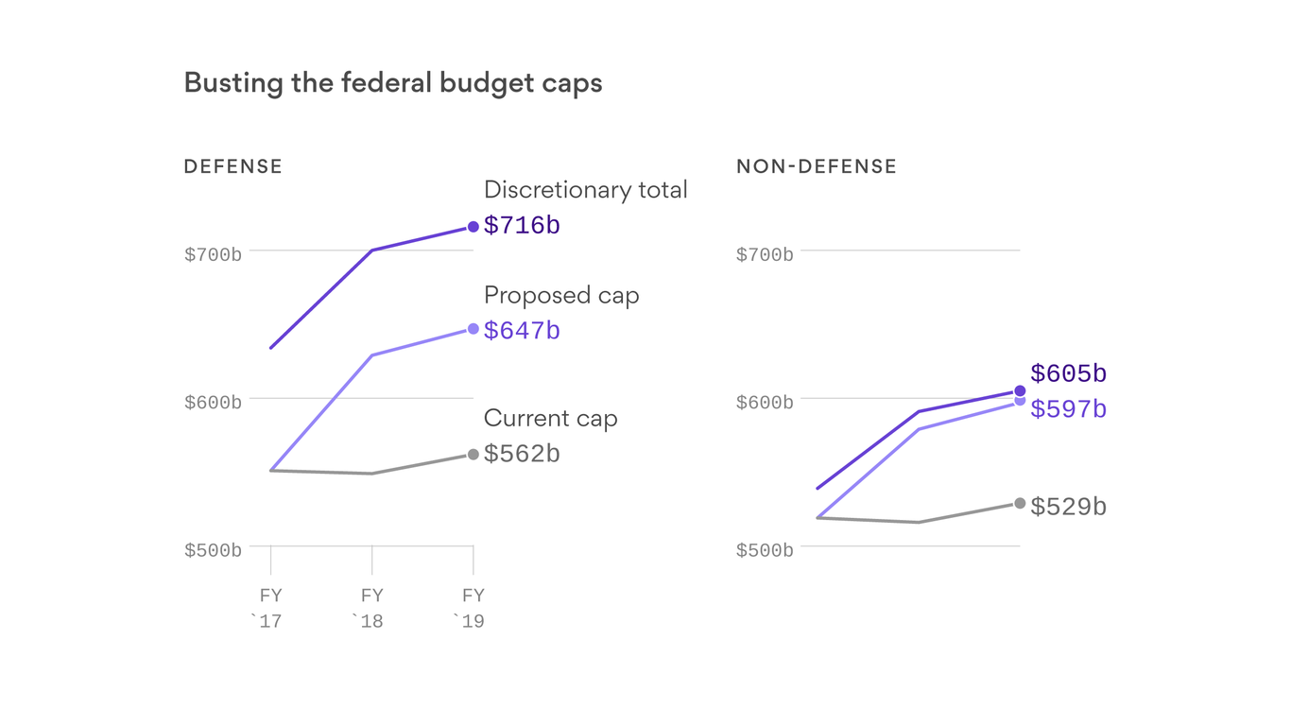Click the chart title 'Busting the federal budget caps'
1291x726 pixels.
click(x=392, y=83)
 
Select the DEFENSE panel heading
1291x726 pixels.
click(x=232, y=166)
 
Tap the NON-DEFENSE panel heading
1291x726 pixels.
click(x=816, y=166)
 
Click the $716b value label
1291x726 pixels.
click(x=522, y=226)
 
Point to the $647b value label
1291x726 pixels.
click(x=522, y=331)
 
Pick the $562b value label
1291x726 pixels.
click(x=522, y=454)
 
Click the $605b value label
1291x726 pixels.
click(x=1068, y=374)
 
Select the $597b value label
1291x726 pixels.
click(x=1068, y=409)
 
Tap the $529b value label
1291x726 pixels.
click(x=1068, y=507)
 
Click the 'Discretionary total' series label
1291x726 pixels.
click(x=585, y=190)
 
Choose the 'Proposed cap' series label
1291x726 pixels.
click(x=561, y=296)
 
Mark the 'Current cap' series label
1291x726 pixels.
click(x=550, y=419)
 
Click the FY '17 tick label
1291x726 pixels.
click(x=270, y=608)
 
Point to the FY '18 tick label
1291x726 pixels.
click(x=371, y=608)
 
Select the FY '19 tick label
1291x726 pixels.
click(x=473, y=608)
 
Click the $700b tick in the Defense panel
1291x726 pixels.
click(x=213, y=254)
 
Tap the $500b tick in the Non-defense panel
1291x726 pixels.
click(x=765, y=550)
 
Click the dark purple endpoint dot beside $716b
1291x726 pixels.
click(x=473, y=227)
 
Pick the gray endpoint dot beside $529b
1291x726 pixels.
click(x=1020, y=503)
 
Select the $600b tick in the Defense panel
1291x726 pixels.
click(x=213, y=403)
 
